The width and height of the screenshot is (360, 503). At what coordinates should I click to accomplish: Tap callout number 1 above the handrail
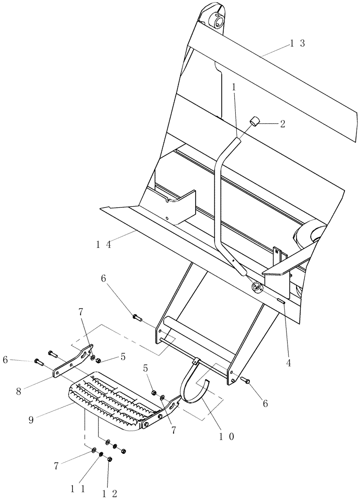pos(234,87)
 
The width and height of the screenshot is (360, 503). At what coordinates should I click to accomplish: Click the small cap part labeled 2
pos(255,122)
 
